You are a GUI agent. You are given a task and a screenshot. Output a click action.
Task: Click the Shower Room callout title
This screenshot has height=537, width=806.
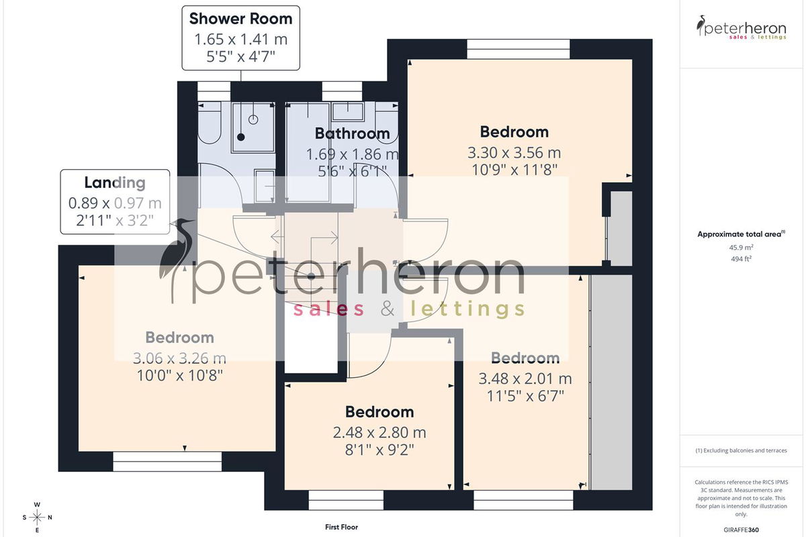240,19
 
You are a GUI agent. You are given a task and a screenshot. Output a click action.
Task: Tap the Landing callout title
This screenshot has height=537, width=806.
115,183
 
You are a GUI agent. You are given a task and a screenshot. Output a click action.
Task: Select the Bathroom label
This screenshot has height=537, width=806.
352,134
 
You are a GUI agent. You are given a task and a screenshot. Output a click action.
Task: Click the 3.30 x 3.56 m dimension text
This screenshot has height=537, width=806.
514,153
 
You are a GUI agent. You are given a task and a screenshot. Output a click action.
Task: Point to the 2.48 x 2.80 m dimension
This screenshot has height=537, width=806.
379,432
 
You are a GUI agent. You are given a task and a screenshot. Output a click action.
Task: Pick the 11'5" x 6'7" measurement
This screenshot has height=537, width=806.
525,396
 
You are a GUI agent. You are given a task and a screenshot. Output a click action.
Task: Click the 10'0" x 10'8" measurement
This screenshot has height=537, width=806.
179,375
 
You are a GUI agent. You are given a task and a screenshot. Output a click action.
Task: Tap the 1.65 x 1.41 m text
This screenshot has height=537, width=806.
240,39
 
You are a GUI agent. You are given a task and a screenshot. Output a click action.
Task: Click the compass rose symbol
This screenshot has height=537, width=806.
37,518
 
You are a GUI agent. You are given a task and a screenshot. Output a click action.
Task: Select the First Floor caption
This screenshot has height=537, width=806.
341,527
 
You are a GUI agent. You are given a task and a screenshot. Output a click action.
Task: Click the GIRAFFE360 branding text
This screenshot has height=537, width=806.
741,530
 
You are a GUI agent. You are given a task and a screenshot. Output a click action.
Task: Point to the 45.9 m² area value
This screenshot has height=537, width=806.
741,248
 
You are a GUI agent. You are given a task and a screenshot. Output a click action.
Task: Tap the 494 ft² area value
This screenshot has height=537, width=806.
741,258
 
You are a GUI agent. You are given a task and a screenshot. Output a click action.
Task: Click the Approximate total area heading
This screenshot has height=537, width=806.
741,234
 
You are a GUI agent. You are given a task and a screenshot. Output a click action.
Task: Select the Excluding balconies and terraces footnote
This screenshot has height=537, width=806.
741,450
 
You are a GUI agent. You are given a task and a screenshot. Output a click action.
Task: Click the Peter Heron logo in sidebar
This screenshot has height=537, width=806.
741,28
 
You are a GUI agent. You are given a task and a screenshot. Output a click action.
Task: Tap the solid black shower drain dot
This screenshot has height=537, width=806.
241,137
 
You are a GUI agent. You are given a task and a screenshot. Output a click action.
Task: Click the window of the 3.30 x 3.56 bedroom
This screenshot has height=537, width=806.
519,49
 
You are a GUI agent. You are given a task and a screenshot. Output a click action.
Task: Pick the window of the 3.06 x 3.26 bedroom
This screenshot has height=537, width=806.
167,461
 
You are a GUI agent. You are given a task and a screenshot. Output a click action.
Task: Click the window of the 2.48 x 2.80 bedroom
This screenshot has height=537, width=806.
346,500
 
